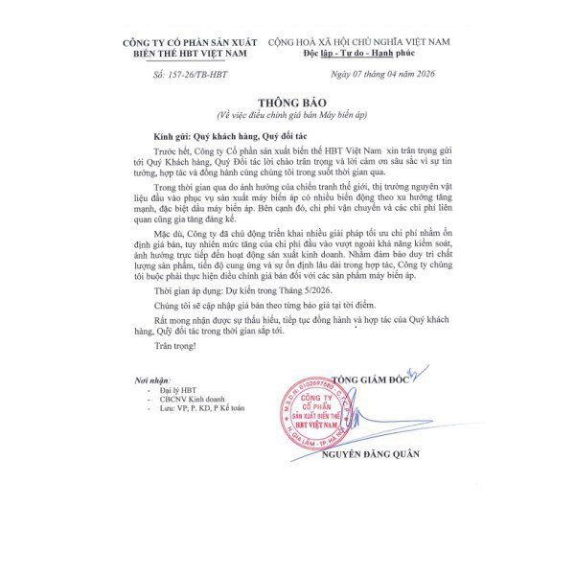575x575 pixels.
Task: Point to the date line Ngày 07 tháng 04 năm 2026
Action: tap(383, 73)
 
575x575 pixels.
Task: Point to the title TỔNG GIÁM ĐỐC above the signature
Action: tap(369, 380)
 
